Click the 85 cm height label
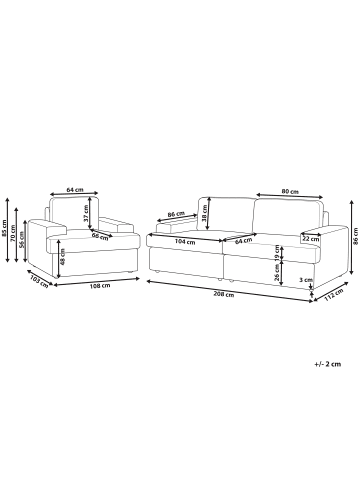coord(4,228)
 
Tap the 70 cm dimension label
coord(13,233)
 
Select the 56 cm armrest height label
coord(21,239)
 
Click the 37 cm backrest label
coord(86,213)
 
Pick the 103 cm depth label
coord(39,280)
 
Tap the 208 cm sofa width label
coord(225,295)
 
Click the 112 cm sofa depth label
coord(334,295)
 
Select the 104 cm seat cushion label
coord(185,242)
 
